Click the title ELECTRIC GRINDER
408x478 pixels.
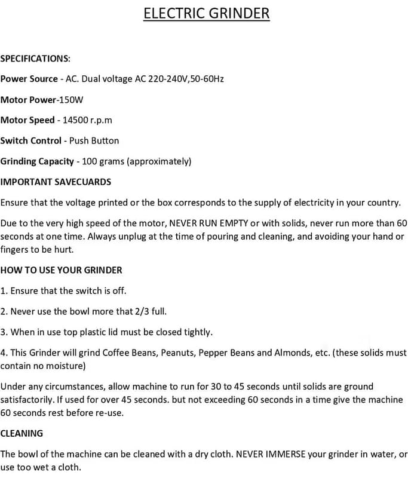click(x=206, y=13)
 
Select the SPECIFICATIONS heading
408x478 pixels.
click(x=35, y=59)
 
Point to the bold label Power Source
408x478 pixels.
click(x=29, y=79)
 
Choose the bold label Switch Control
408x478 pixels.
click(x=30, y=140)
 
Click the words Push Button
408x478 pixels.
click(x=94, y=140)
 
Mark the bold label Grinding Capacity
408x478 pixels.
click(x=37, y=161)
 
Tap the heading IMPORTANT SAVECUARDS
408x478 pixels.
click(x=56, y=182)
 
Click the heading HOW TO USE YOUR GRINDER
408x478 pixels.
click(x=61, y=270)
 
